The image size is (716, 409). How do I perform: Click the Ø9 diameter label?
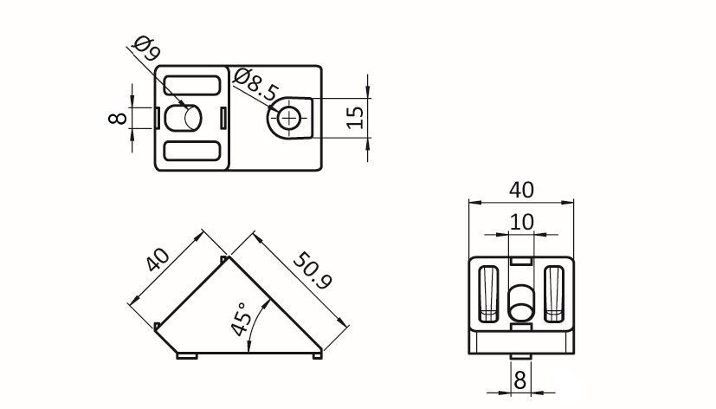[x=146, y=49]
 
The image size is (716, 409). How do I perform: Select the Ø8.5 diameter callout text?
[x=255, y=85]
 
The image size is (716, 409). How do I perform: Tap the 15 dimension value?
[x=355, y=118]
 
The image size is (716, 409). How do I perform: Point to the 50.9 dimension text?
[x=313, y=270]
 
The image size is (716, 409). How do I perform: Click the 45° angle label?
[x=241, y=319]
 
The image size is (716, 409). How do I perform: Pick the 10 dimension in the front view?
[x=521, y=222]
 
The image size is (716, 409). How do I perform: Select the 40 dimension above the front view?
[x=521, y=190]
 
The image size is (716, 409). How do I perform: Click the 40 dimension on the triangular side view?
[x=158, y=260]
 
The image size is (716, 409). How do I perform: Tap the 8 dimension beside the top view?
[x=118, y=118]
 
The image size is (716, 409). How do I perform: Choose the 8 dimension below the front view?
[x=520, y=380]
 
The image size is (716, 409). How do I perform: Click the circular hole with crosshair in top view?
[x=289, y=119]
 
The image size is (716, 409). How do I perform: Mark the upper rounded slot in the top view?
[x=192, y=86]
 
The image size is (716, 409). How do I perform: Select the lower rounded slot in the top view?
[x=192, y=151]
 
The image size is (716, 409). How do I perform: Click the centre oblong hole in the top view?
[x=183, y=118]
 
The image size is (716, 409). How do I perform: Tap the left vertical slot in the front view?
[x=488, y=294]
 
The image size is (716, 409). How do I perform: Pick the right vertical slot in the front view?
[x=554, y=294]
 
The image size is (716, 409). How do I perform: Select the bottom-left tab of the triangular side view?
[x=187, y=355]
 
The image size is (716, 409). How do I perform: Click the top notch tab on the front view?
[x=521, y=261]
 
